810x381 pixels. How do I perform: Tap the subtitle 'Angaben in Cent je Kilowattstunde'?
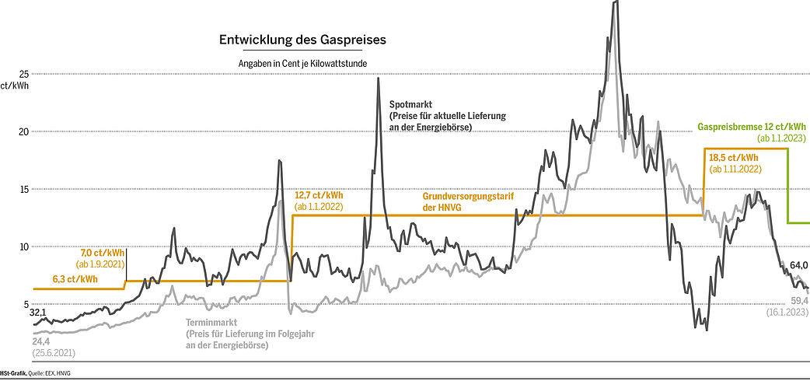pos(302,63)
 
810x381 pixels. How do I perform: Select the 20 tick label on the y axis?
pos(23,131)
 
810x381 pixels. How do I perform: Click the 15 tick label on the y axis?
pos(23,189)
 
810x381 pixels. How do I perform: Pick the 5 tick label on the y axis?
pos(25,303)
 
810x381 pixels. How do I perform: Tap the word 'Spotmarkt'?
pos(411,103)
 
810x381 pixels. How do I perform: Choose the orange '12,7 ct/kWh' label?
pos(319,195)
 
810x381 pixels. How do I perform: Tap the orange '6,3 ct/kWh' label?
pos(75,279)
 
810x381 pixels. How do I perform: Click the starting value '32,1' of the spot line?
pos(38,313)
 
